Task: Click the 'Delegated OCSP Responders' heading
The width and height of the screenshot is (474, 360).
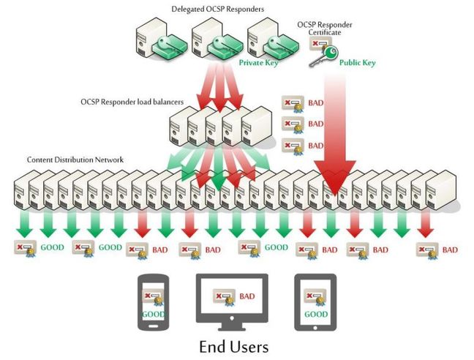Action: click(x=218, y=9)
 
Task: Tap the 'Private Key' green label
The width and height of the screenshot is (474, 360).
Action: click(x=258, y=63)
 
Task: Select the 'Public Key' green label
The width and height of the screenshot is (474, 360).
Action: click(x=357, y=63)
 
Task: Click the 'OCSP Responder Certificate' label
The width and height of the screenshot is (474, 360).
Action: click(x=325, y=29)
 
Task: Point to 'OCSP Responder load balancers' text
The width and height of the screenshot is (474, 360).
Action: click(x=132, y=102)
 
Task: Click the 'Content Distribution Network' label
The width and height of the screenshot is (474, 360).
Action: click(x=75, y=160)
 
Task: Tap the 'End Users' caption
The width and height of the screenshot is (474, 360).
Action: click(x=234, y=347)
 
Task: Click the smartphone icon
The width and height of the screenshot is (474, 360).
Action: click(x=154, y=302)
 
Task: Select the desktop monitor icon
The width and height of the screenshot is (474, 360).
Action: click(x=232, y=302)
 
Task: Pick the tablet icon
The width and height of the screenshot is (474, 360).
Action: click(x=315, y=302)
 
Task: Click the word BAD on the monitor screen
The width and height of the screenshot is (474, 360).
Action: click(x=247, y=296)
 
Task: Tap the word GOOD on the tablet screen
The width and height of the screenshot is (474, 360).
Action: click(x=316, y=315)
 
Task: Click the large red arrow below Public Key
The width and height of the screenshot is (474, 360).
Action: click(x=335, y=133)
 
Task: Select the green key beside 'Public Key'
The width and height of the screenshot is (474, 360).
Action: click(x=323, y=56)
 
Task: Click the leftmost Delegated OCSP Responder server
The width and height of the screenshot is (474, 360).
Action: click(x=150, y=38)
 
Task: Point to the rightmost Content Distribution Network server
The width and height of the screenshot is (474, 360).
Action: click(x=441, y=190)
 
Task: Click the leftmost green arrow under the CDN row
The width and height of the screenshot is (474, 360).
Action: click(x=24, y=225)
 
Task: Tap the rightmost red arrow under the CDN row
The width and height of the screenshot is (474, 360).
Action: click(x=426, y=225)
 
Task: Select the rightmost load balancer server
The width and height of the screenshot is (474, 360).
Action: click(x=257, y=127)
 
